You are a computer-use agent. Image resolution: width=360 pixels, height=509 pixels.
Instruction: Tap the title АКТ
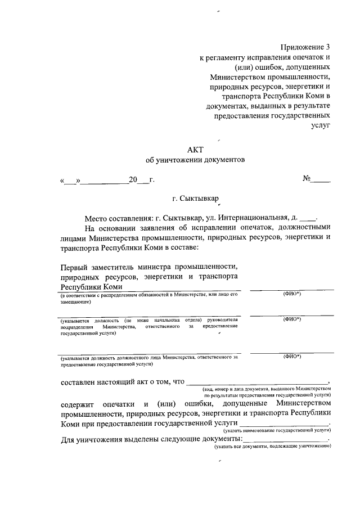pyautogui.click(x=195, y=148)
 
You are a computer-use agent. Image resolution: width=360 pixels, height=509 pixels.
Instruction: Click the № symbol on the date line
pyautogui.click(x=308, y=179)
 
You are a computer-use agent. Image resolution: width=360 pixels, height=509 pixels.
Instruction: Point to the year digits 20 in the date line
pyautogui.click(x=133, y=180)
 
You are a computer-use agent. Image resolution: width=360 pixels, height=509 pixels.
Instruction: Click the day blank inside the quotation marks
pyautogui.click(x=71, y=181)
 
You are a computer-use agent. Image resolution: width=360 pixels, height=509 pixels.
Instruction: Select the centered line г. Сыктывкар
pyautogui.click(x=195, y=199)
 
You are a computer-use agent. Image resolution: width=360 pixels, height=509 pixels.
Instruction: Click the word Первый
pyautogui.click(x=78, y=267)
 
